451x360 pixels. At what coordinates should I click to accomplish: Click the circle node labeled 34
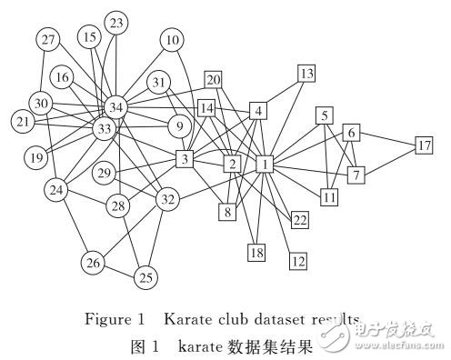116,108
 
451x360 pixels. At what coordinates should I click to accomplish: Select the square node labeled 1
265,165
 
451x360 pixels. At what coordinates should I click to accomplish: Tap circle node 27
48,39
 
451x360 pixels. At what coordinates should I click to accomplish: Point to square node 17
424,145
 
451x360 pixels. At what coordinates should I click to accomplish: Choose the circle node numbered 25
145,277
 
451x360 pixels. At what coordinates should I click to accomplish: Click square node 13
306,73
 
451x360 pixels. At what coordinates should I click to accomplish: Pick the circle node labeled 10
173,40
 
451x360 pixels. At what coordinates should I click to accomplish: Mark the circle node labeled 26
93,264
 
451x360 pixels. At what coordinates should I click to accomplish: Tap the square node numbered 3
185,160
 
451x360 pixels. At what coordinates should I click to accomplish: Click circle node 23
116,22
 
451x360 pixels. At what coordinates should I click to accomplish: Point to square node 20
214,80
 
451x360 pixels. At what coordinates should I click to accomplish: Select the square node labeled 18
257,252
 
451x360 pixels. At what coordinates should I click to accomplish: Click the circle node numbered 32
166,199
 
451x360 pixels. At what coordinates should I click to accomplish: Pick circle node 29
130,173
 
